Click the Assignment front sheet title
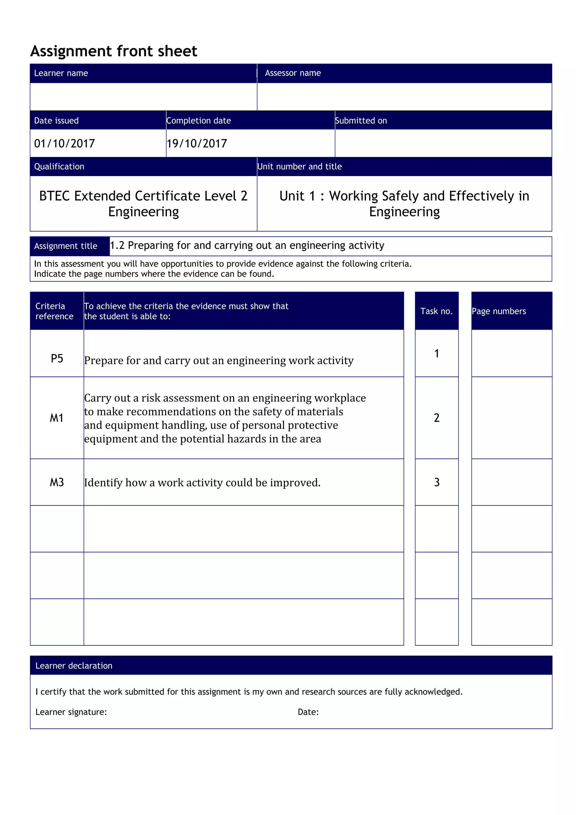tap(114, 51)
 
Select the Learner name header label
tap(61, 73)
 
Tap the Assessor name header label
tap(293, 73)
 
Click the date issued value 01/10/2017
tap(65, 143)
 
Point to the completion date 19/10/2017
tap(197, 143)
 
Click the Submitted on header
tap(361, 121)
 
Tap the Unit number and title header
tap(300, 166)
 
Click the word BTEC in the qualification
tap(54, 196)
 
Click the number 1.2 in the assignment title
tap(117, 245)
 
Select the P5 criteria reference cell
tap(57, 359)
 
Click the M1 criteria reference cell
tap(57, 418)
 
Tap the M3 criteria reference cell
tap(57, 482)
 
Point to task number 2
tap(436, 418)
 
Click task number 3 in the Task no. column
tap(436, 482)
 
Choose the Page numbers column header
tap(499, 311)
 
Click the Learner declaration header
tap(74, 666)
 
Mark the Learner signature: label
tap(71, 712)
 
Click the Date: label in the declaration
tap(308, 712)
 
